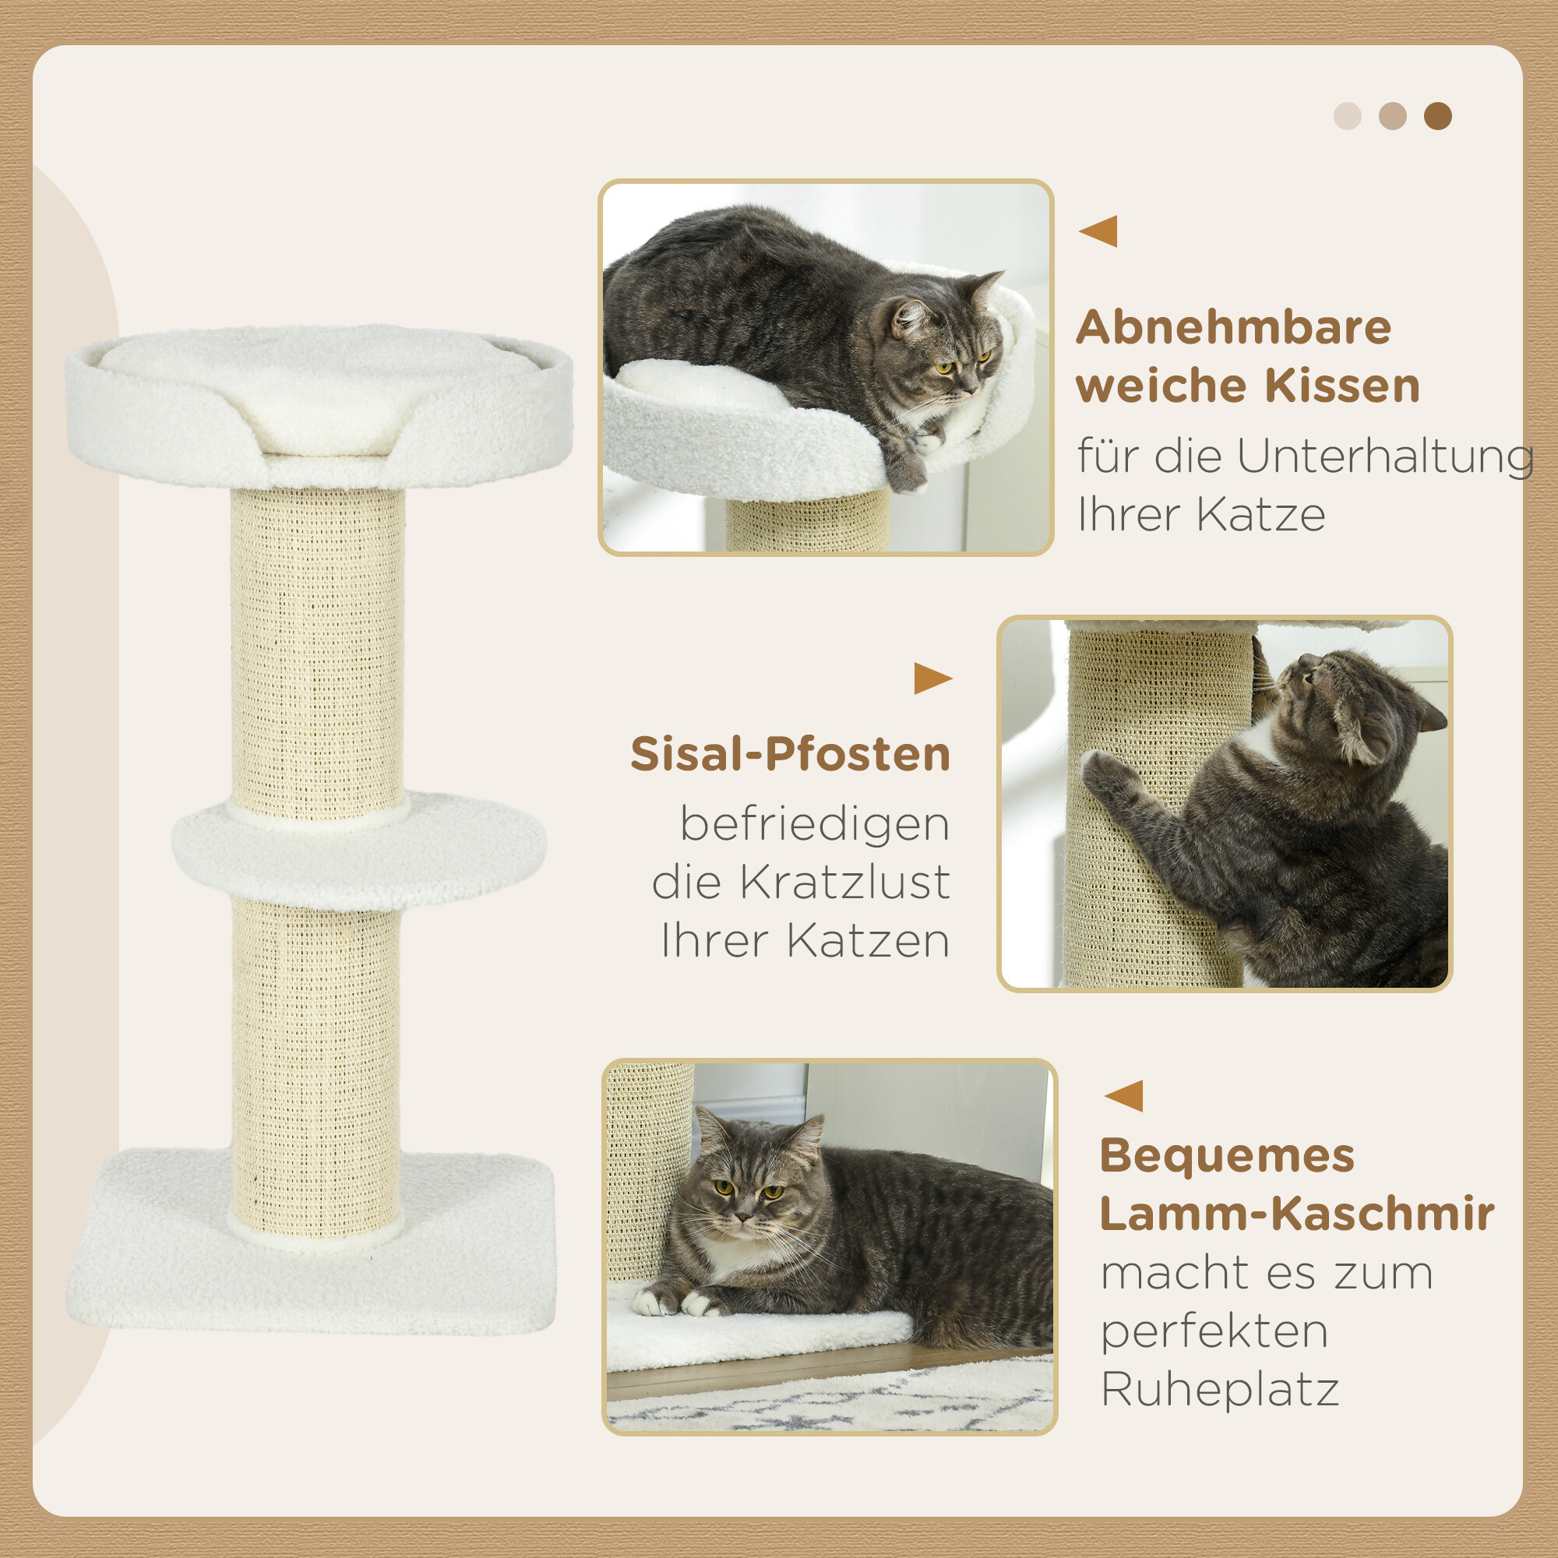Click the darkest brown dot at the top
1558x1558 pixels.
click(1438, 116)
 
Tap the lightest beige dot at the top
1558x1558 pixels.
click(1348, 116)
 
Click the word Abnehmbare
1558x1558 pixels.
click(1234, 327)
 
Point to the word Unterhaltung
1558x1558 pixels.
click(1385, 456)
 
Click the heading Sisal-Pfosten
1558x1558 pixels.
click(790, 754)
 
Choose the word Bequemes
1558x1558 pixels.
click(1228, 1155)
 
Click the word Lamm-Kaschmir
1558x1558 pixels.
click(1297, 1214)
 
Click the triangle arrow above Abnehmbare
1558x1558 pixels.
click(1098, 231)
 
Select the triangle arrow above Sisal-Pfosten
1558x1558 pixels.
click(932, 679)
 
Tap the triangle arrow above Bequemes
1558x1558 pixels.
click(1124, 1096)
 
